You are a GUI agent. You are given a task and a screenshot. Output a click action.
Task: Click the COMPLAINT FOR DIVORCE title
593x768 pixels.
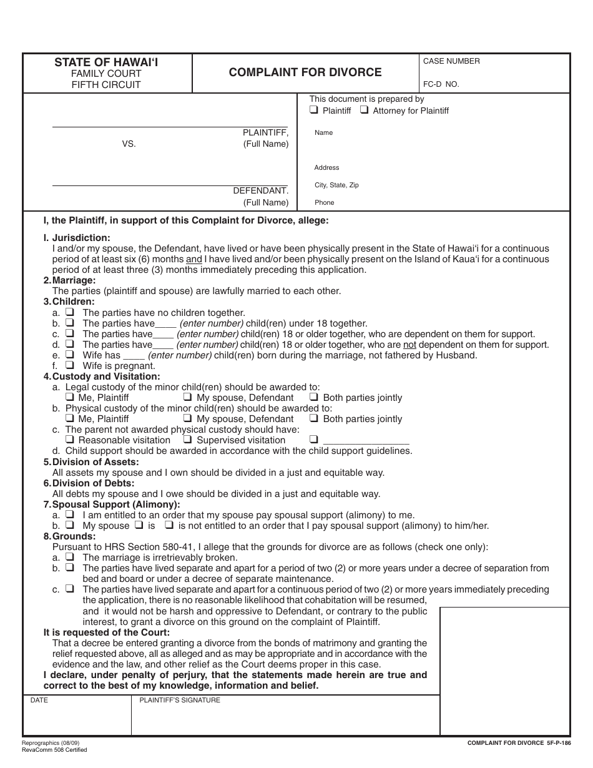[x=305, y=72]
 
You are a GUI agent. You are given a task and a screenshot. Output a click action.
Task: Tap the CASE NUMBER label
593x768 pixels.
[x=451, y=61]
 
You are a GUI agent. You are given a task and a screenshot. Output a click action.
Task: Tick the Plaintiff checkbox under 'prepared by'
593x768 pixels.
[x=314, y=111]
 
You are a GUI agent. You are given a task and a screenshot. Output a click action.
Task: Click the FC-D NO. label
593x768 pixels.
[x=441, y=84]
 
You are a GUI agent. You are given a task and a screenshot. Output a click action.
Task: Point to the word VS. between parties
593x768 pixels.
[x=129, y=144]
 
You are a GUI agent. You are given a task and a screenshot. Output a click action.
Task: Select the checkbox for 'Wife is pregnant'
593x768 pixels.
[x=71, y=365]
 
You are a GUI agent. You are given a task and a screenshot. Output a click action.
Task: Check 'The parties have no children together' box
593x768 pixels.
[x=71, y=312]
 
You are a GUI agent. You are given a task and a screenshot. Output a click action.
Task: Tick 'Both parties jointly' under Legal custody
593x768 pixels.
[x=314, y=397]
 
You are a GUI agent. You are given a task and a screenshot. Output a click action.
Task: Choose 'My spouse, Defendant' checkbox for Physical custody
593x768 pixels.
[x=187, y=418]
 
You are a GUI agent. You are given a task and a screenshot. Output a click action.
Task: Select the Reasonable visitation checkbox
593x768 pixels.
[x=70, y=440]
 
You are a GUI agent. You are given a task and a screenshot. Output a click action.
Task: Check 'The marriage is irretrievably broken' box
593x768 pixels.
[x=71, y=557]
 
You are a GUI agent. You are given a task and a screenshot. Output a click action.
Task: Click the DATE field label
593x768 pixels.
[x=39, y=701]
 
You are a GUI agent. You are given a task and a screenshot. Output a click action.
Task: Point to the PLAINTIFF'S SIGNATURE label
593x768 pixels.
[x=179, y=701]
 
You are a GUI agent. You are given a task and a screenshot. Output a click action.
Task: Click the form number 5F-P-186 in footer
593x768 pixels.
[x=558, y=743]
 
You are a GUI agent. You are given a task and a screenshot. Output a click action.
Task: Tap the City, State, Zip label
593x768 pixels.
[x=336, y=185]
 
